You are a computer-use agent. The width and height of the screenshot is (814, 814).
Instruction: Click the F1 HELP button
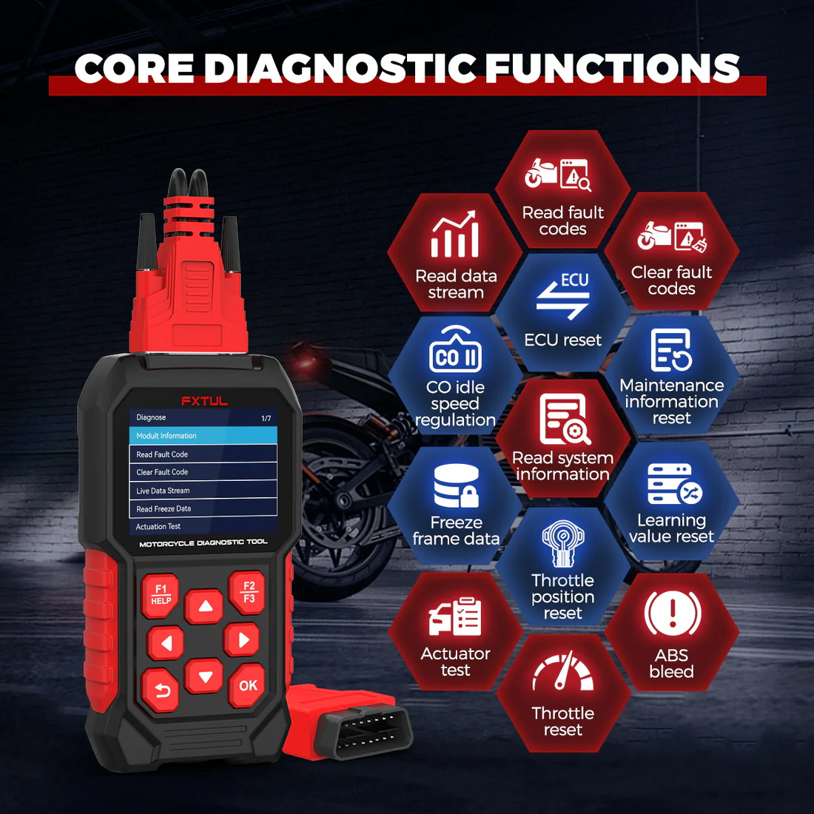[161, 595]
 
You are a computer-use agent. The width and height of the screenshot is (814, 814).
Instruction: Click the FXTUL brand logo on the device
[204, 401]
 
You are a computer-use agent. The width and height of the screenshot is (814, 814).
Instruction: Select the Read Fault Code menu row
[203, 454]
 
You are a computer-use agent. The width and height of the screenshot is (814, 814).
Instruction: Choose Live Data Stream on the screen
[203, 491]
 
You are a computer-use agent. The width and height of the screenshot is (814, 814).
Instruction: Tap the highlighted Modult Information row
[203, 436]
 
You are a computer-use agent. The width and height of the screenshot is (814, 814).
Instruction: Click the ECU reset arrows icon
[563, 297]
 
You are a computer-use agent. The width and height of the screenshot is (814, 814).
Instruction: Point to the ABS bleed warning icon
[672, 613]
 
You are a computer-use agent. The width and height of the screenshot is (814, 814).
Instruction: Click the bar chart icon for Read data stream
[455, 235]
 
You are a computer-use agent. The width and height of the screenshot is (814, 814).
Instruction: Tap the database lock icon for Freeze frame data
[456, 485]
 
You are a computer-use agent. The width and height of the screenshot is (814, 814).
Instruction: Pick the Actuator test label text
[455, 662]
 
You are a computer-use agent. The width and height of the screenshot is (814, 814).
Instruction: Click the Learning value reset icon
[673, 484]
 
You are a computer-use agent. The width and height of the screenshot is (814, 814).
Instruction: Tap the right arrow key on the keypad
[242, 640]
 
